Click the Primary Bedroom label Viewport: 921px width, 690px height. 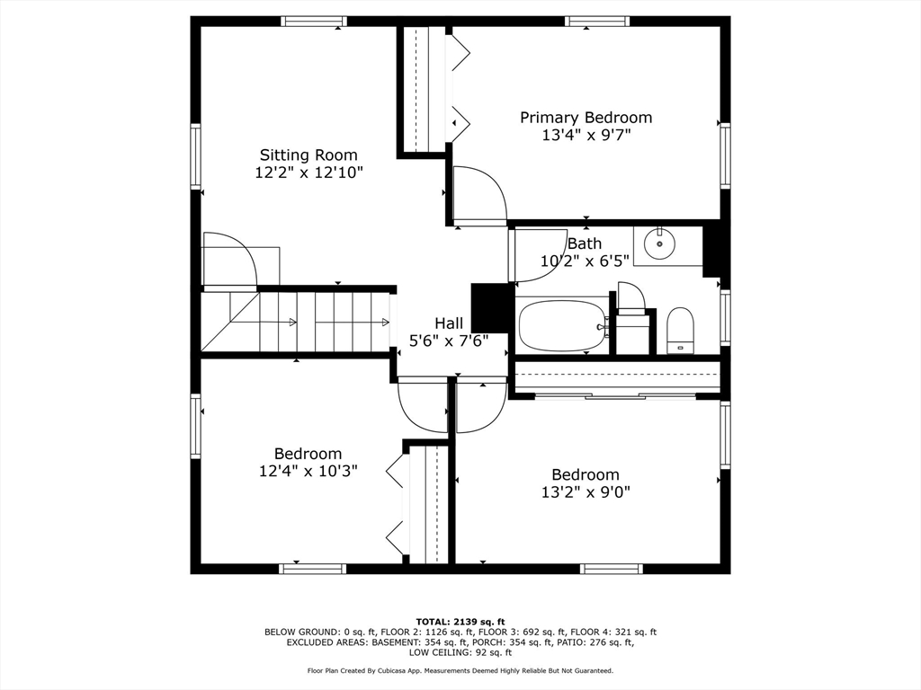(586, 118)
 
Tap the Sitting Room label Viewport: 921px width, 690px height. (308, 155)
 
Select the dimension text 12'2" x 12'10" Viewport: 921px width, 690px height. (308, 172)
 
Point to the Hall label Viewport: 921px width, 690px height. (449, 323)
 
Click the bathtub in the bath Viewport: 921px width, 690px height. (562, 325)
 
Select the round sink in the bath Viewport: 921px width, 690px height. (660, 243)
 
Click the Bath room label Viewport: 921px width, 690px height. (585, 243)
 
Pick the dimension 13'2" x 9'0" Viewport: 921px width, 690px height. (586, 492)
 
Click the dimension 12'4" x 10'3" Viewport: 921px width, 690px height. (308, 471)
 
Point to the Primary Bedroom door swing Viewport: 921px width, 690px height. (477, 196)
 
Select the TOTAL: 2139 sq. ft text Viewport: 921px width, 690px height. (460, 622)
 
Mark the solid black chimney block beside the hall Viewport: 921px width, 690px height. (490, 308)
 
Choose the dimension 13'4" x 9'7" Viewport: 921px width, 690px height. (586, 136)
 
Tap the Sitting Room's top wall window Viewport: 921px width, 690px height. (314, 21)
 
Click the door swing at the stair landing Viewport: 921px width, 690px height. (229, 261)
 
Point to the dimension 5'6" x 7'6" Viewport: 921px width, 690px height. (449, 341)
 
